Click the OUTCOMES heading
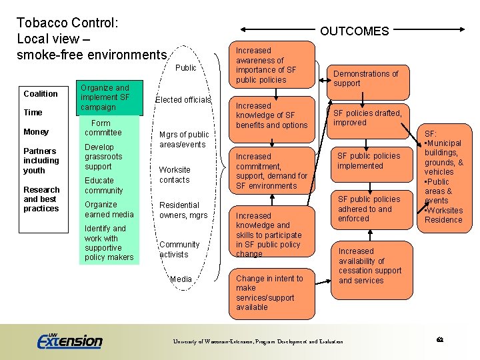354,31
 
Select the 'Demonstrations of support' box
365,79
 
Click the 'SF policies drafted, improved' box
367,118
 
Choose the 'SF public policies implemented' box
369,161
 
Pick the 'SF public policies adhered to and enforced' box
369,209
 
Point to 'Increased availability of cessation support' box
370,266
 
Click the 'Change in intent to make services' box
273,293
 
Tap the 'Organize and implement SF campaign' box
109,97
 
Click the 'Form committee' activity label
103,128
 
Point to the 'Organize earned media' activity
109,209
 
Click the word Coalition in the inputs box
41,93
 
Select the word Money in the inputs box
36,132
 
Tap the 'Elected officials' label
183,100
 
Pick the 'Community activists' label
179,249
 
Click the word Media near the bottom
181,279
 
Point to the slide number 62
440,340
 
